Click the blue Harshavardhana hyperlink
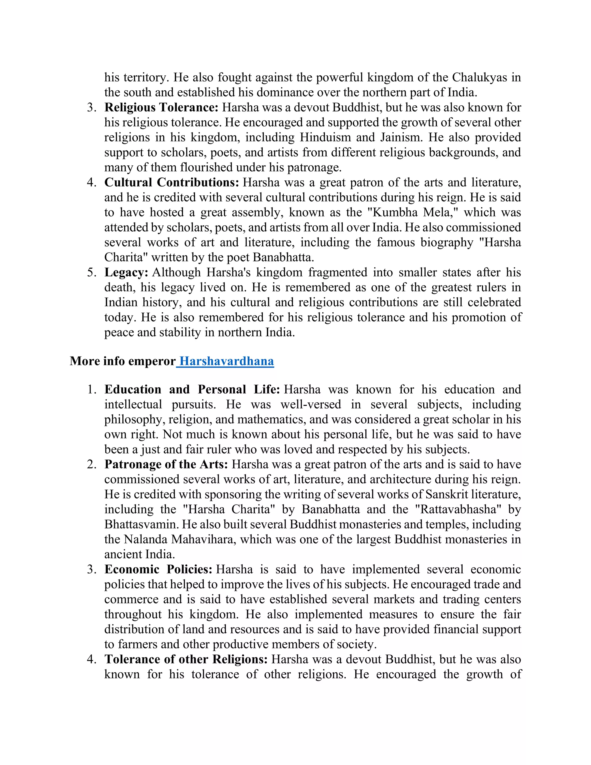click(226, 361)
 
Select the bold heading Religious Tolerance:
click(161, 108)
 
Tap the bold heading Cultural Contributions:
click(172, 182)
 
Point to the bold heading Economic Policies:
click(158, 569)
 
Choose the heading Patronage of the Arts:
click(166, 464)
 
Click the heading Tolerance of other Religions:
click(186, 659)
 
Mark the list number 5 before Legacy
click(91, 273)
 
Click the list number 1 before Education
click(91, 389)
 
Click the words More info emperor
click(123, 361)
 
